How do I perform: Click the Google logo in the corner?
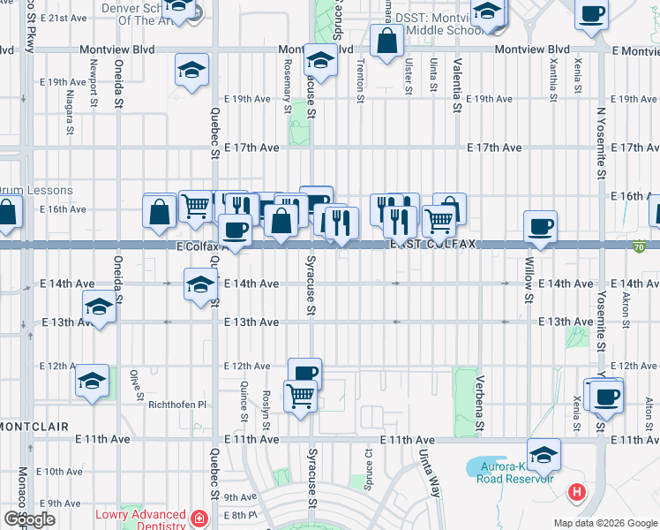tap(29, 519)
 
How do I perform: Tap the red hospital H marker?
tap(577, 492)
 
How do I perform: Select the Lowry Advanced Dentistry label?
tap(141, 515)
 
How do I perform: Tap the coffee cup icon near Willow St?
tap(540, 226)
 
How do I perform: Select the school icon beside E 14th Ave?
tap(200, 285)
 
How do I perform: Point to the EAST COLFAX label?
tap(433, 244)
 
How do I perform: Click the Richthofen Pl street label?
tap(176, 405)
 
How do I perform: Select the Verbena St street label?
tap(481, 404)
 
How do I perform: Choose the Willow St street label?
tap(529, 280)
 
